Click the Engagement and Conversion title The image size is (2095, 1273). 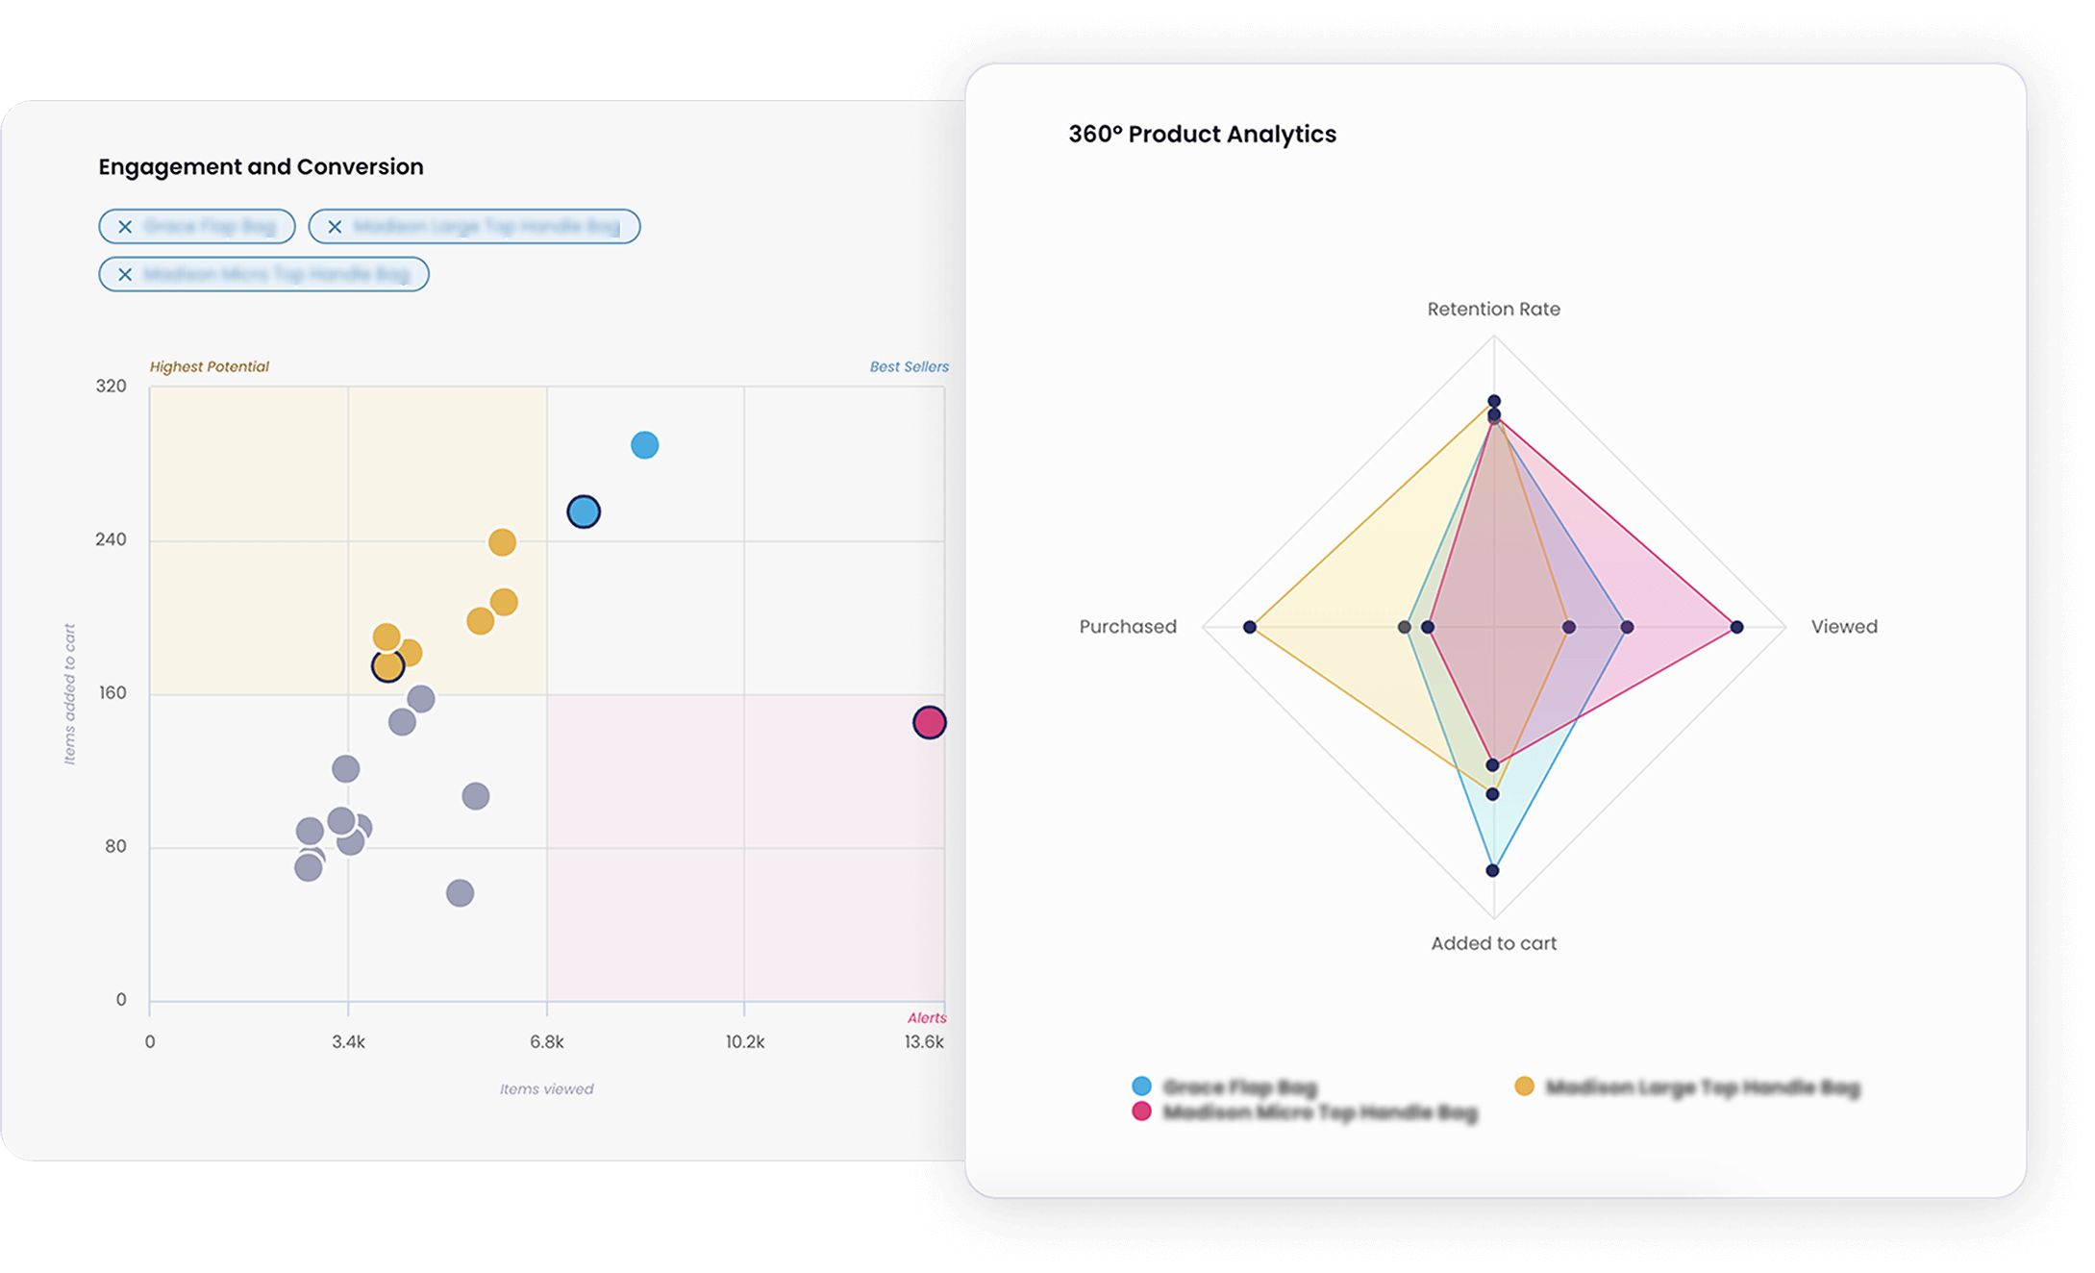(261, 167)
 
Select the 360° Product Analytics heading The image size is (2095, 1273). (1202, 135)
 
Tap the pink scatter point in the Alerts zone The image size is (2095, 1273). (929, 722)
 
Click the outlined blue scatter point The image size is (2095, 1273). (584, 512)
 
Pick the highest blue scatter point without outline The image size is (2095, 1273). (644, 445)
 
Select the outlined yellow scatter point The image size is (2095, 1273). (387, 665)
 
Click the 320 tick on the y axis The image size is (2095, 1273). (111, 387)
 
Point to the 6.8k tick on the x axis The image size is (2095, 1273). (547, 1042)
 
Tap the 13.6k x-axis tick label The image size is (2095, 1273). (924, 1042)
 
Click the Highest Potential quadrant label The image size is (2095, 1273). (209, 366)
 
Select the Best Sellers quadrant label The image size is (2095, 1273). (909, 366)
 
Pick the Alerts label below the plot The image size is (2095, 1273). (927, 1018)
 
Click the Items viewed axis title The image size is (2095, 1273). (546, 1089)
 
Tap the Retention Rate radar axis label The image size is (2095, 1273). (1493, 310)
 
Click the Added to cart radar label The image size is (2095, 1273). (1493, 944)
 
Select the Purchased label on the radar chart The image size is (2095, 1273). (1128, 627)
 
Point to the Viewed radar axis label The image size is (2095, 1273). (1843, 627)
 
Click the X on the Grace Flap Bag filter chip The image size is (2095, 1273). (125, 227)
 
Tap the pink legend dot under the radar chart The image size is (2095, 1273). (1141, 1112)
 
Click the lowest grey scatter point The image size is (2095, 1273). (460, 893)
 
